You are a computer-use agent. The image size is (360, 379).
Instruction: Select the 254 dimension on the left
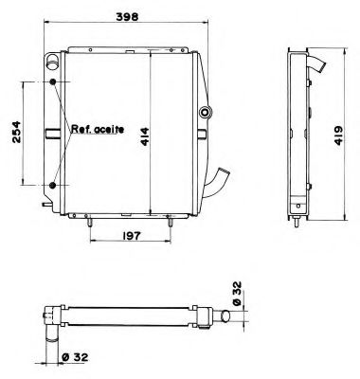pos(13,133)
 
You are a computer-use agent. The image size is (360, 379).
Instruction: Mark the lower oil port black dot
pos(54,182)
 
